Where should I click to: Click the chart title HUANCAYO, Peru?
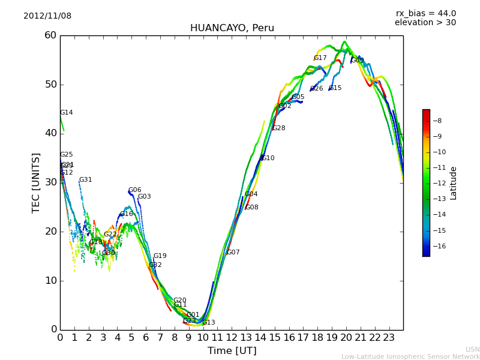(232, 28)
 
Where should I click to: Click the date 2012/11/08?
(47, 16)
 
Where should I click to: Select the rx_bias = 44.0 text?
(425, 14)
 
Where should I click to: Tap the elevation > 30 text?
(425, 23)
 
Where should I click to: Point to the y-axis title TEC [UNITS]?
(36, 182)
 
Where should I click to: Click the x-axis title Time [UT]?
(232, 351)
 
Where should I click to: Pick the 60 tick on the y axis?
(50, 35)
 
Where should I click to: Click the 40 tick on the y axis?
(50, 133)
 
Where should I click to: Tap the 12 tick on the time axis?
(232, 338)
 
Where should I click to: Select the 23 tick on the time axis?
(389, 338)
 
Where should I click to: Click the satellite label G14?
(66, 113)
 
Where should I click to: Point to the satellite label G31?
(85, 180)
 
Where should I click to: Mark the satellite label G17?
(320, 58)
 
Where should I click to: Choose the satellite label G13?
(208, 323)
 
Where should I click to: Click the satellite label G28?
(278, 128)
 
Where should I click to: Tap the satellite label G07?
(233, 253)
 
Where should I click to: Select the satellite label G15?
(335, 88)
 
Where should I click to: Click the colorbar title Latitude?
(454, 182)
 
